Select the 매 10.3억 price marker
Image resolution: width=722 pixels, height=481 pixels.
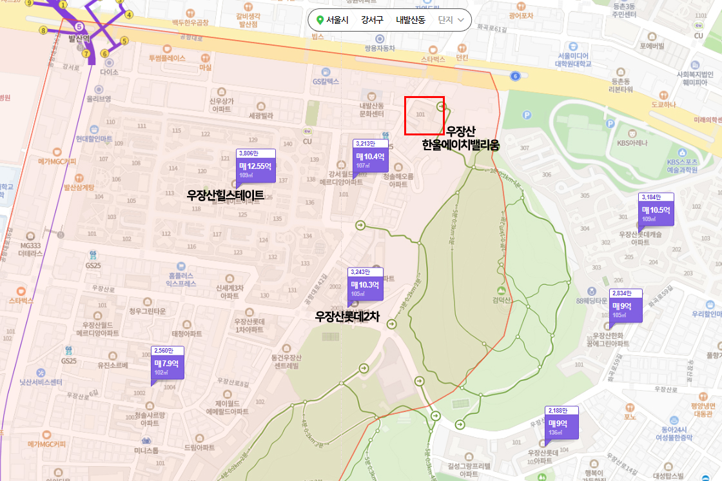(x=365, y=288)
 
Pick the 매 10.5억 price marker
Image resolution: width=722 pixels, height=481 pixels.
(x=656, y=213)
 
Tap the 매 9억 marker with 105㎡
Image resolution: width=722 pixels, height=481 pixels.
(x=626, y=309)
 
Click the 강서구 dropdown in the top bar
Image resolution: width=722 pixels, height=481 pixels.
(x=372, y=20)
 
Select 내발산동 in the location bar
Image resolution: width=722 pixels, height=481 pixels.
(x=411, y=20)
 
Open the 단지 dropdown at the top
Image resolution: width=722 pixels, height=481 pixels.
(x=451, y=20)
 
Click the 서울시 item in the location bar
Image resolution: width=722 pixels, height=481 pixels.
(x=333, y=20)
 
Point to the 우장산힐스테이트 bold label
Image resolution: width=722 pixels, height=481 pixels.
(x=225, y=195)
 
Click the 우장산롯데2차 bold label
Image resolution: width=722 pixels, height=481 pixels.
(x=347, y=316)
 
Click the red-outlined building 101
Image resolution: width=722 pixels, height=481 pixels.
(x=424, y=115)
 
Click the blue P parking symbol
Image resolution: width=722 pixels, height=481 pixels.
(x=526, y=115)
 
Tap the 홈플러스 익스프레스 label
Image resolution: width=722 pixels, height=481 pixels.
(x=181, y=279)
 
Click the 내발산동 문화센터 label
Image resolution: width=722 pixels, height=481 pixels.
(x=371, y=109)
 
